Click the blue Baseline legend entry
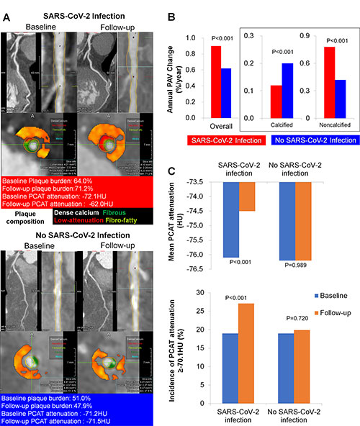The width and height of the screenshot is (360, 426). click(330, 296)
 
